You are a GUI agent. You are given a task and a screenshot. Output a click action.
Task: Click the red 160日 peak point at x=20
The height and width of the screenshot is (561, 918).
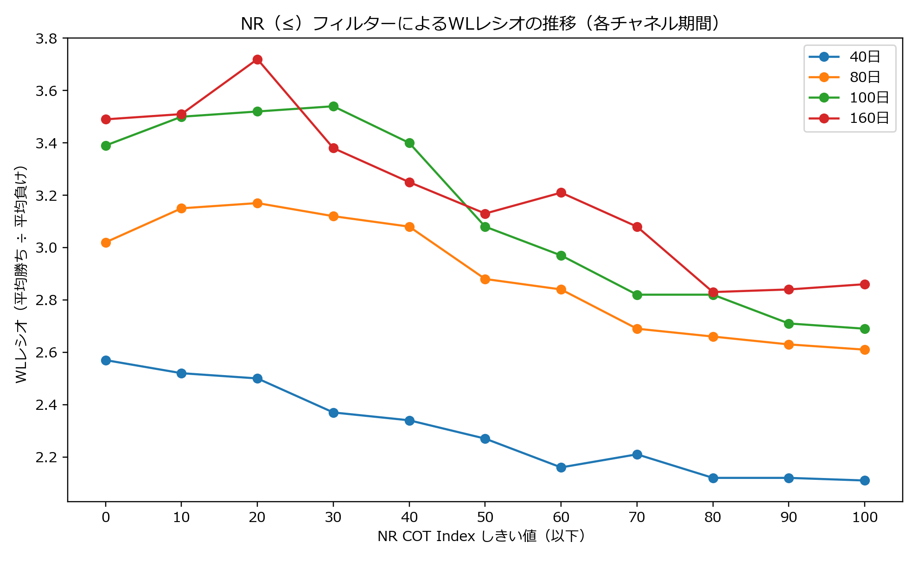257,59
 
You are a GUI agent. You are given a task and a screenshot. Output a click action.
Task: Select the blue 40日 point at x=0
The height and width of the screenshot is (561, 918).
106,360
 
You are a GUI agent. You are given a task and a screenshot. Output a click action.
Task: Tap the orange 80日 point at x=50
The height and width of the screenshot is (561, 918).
485,279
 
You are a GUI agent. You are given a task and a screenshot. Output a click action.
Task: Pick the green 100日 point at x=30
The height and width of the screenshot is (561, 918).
333,106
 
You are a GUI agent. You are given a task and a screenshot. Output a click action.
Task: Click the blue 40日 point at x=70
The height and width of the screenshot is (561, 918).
637,454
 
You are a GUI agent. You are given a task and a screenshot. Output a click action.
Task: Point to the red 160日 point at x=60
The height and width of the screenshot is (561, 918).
561,192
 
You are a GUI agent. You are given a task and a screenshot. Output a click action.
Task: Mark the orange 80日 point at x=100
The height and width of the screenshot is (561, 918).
865,350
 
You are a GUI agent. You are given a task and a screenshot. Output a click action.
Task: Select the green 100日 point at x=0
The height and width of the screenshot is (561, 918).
106,146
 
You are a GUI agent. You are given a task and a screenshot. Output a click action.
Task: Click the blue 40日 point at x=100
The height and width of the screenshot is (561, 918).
865,480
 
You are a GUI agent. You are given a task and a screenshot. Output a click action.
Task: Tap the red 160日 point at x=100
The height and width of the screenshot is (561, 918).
865,284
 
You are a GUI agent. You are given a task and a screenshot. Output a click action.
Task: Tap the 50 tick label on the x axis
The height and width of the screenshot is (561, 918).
485,517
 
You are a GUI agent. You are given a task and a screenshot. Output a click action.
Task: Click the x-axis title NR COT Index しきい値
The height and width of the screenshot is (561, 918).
482,536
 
